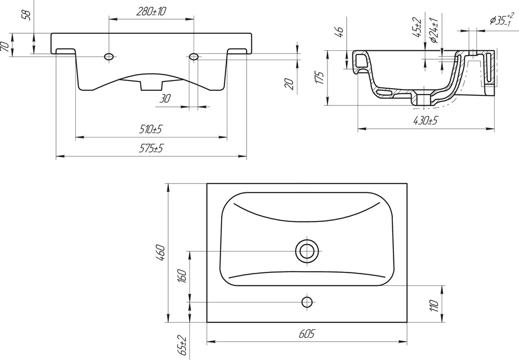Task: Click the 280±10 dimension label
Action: (x=151, y=12)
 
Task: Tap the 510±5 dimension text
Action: (x=151, y=129)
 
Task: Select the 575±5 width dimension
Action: (x=151, y=148)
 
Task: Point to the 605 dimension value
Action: (x=307, y=334)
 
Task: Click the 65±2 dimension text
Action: (x=182, y=346)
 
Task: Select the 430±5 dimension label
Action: (x=426, y=121)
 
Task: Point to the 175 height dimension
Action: (x=320, y=77)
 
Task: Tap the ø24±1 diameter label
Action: (x=434, y=31)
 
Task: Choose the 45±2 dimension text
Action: (x=418, y=27)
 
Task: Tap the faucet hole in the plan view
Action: (x=307, y=302)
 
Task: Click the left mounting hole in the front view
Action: (x=108, y=57)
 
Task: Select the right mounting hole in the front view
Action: (x=194, y=57)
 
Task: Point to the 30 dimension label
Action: (x=165, y=99)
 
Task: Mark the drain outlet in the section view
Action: (x=424, y=99)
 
